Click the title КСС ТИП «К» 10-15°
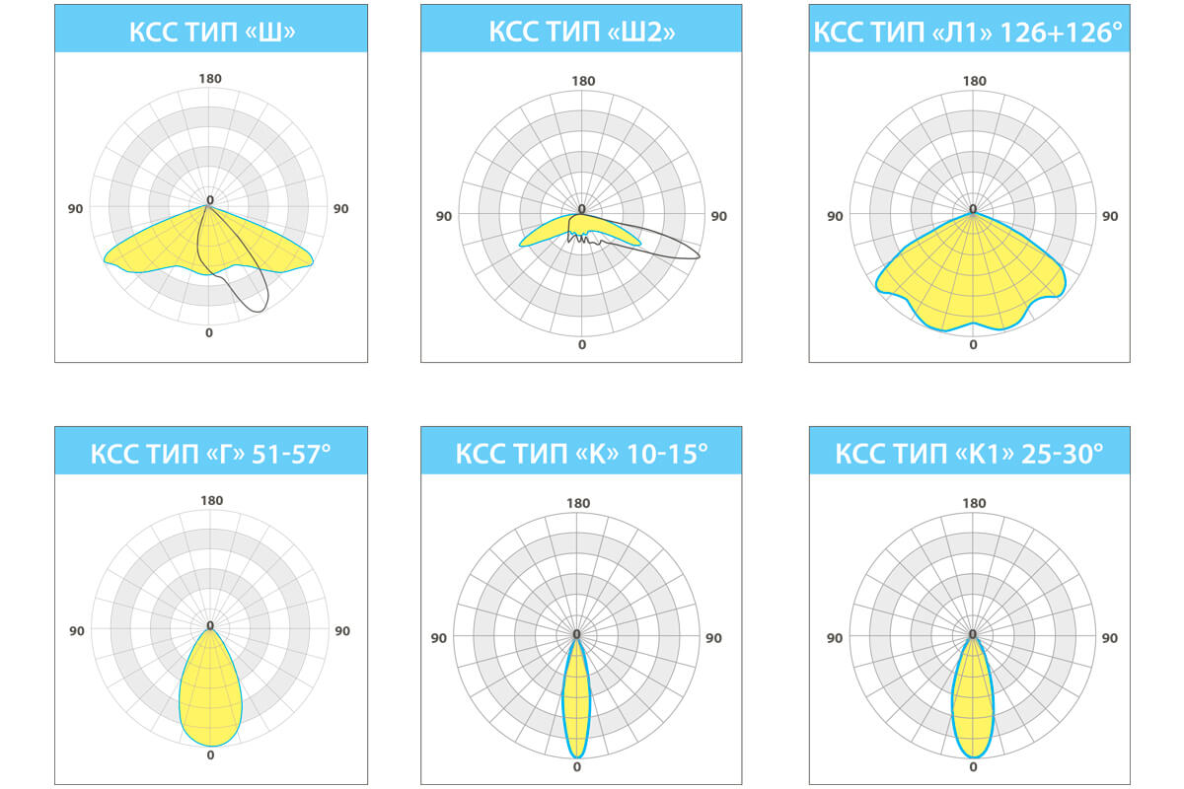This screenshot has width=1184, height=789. [x=581, y=454]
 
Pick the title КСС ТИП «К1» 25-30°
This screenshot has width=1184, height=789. [x=969, y=454]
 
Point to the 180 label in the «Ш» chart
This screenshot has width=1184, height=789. [x=209, y=79]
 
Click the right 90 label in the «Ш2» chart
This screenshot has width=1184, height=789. [x=718, y=216]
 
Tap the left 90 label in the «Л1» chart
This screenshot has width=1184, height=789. [x=835, y=216]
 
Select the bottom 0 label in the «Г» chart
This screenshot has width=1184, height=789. [x=210, y=755]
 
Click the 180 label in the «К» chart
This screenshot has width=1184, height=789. [x=578, y=503]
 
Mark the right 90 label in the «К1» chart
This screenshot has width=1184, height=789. [x=1110, y=638]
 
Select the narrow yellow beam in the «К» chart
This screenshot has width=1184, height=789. [x=576, y=700]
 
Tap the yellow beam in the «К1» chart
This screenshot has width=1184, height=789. [x=973, y=700]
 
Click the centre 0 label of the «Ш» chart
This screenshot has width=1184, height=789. [x=209, y=200]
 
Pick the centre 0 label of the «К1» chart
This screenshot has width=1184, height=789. [x=973, y=633]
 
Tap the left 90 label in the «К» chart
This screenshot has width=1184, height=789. [x=439, y=638]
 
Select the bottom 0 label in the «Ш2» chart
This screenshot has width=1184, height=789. [x=581, y=344]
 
